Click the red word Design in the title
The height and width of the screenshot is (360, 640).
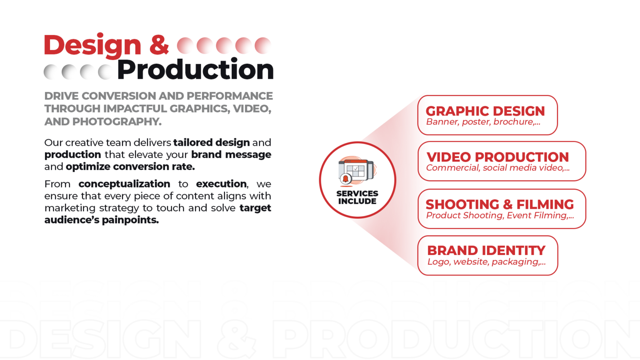tap(92, 46)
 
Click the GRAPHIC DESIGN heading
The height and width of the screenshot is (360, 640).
tap(485, 111)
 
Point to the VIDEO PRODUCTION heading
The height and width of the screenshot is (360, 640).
tap(497, 157)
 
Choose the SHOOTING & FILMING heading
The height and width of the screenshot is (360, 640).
tap(500, 204)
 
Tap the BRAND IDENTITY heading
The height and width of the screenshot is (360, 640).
tap(486, 250)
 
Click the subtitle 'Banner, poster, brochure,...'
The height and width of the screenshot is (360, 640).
tap(483, 122)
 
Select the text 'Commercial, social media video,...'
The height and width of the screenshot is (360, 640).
tap(498, 168)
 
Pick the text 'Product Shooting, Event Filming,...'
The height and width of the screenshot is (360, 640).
tap(500, 215)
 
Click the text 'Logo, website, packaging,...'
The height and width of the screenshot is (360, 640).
tap(487, 262)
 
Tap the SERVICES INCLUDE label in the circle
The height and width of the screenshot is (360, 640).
tap(357, 197)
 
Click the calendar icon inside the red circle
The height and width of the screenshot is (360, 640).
tap(357, 171)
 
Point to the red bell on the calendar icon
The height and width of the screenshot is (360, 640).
tap(345, 179)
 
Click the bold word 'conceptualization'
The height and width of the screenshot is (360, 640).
tap(124, 184)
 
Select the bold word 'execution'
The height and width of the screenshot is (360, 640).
tap(221, 184)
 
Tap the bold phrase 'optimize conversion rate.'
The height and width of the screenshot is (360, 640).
tap(130, 167)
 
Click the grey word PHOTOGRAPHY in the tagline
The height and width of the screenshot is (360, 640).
tap(117, 122)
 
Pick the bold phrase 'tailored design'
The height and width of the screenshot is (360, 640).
tap(211, 142)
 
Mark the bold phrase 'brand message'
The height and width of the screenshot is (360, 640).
tap(231, 155)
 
